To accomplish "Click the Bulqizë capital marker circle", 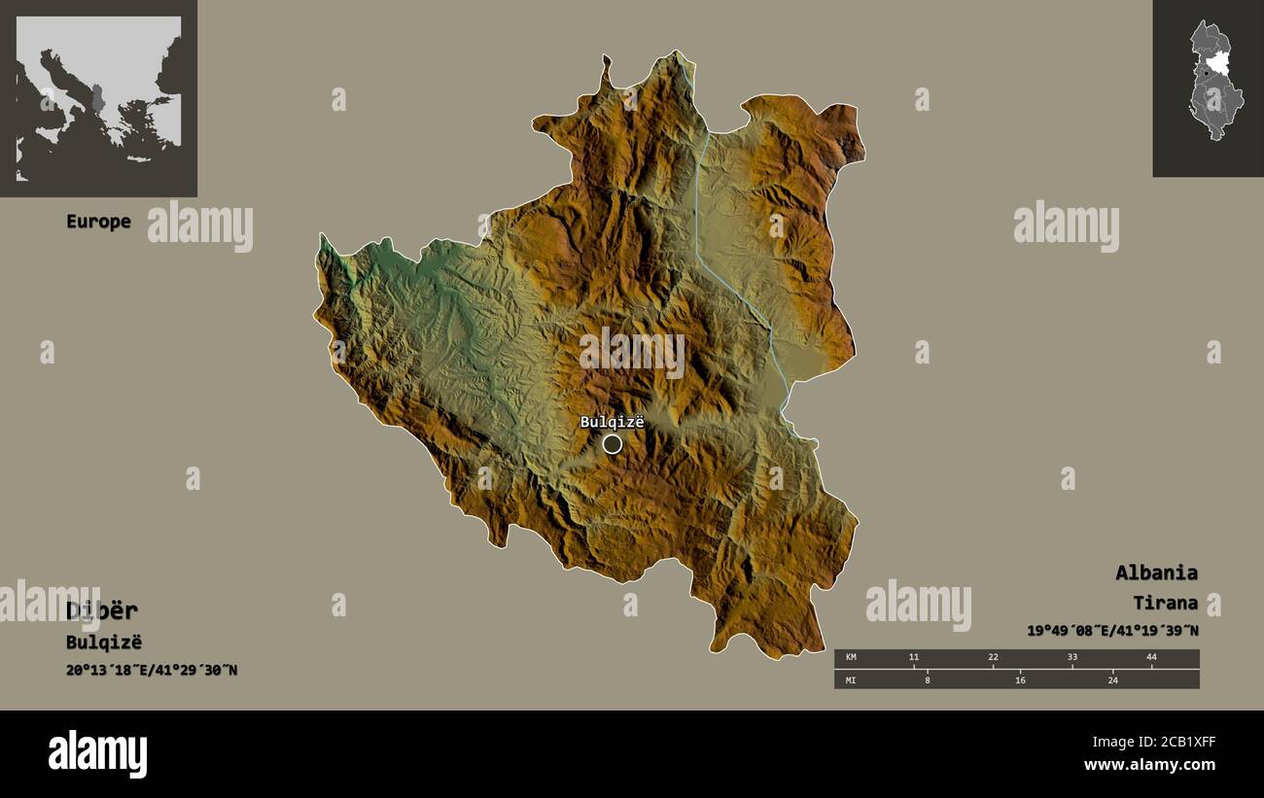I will (x=612, y=444).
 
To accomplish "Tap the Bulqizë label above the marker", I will (x=612, y=422).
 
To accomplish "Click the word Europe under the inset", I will (x=98, y=222).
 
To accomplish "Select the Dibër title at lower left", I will (x=102, y=610).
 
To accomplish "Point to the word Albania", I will (x=1156, y=572).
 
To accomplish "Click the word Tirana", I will (x=1165, y=603).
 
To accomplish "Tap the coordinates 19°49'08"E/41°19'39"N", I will (x=1112, y=631).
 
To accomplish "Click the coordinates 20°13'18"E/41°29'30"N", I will (x=152, y=670).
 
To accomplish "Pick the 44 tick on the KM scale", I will (x=1151, y=658).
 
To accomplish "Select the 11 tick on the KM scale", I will (x=913, y=658).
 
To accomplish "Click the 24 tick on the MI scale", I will (x=1112, y=680).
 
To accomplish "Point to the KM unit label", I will (x=851, y=658).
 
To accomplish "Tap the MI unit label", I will (x=851, y=680).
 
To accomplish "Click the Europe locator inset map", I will (x=98, y=97).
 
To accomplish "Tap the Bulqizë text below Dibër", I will (x=104, y=642).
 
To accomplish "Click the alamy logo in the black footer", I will (x=97, y=754).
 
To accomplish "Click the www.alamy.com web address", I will (x=1149, y=766).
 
